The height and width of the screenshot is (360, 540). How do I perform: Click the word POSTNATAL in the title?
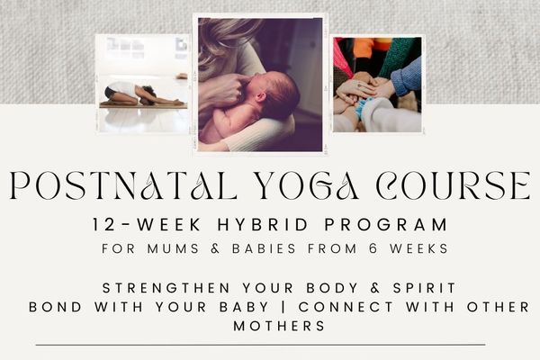(123, 185)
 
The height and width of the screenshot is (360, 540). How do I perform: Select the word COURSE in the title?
(454, 185)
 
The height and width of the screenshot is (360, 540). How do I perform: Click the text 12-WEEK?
(147, 225)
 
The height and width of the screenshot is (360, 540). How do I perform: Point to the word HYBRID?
(263, 225)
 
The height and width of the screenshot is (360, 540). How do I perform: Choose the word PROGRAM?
(386, 225)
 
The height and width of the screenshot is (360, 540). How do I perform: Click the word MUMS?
(173, 248)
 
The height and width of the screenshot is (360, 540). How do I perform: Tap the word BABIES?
(264, 248)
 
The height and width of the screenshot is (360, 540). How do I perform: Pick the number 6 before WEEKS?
(373, 248)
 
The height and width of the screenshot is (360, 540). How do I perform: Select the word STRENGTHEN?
(166, 288)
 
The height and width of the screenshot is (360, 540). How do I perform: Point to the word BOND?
(56, 307)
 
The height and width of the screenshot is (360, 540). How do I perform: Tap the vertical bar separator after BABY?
(283, 307)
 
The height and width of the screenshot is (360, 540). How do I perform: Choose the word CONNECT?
(346, 307)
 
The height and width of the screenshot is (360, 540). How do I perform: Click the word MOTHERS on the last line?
(279, 326)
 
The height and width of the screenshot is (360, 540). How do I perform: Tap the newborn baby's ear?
(261, 97)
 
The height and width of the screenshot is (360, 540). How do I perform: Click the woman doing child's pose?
(143, 94)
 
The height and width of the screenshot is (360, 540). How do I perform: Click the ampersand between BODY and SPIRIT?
(375, 288)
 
